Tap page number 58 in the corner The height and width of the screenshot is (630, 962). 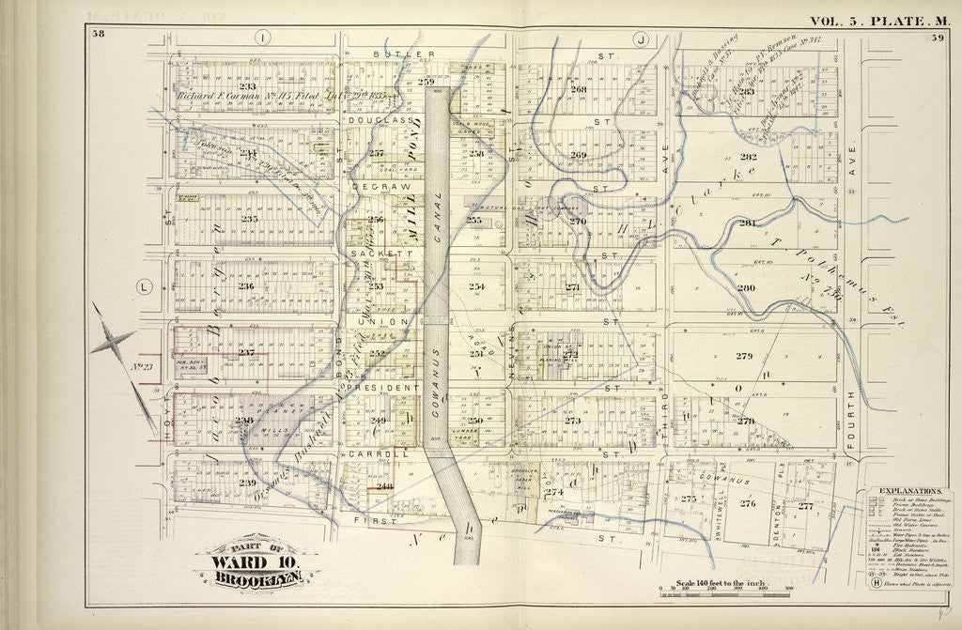pos(98,35)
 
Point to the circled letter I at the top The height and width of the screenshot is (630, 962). pos(263,38)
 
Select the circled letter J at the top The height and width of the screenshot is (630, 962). pos(641,39)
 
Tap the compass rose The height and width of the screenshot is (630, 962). pos(114,345)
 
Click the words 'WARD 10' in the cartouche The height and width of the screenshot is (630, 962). pos(256,562)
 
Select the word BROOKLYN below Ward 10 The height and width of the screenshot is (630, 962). pos(256,579)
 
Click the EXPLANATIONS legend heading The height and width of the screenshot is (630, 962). pos(909,491)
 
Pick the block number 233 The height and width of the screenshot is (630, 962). pos(247,85)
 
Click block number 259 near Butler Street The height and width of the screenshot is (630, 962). pos(427,82)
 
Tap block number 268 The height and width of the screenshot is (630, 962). pos(578,89)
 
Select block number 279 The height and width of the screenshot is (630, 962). pos(744,356)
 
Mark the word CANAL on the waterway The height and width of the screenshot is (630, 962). pos(436,212)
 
